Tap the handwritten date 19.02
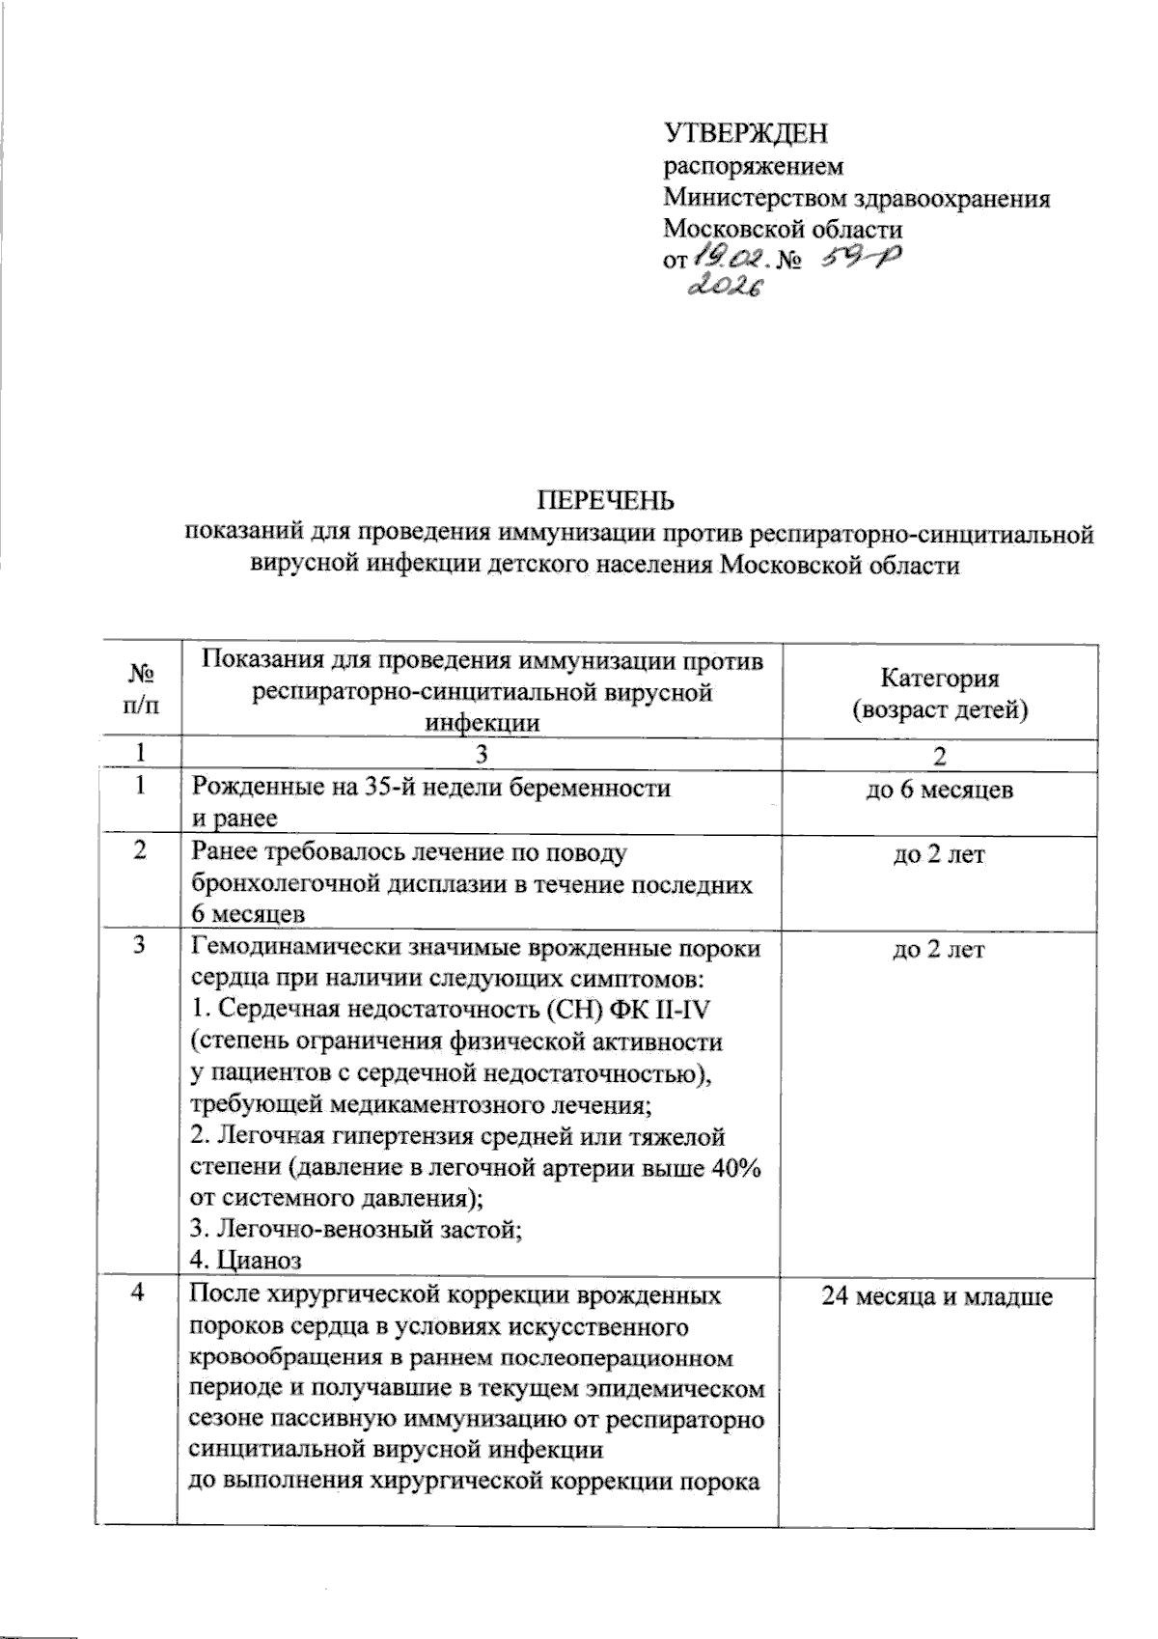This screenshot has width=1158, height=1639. coord(730,258)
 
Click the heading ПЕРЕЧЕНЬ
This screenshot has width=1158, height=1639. coord(606,500)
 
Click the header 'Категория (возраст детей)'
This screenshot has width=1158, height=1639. coord(939,694)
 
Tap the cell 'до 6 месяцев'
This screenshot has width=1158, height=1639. coord(939,790)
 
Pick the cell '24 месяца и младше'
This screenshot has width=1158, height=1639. coord(937,1296)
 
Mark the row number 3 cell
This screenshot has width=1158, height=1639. coord(142,949)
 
